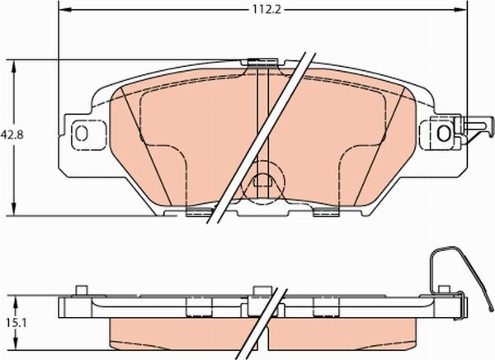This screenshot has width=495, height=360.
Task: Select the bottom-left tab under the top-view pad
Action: [x=198, y=213]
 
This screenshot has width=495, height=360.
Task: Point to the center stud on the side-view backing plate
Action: [x=262, y=289]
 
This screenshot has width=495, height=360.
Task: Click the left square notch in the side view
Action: [x=198, y=308]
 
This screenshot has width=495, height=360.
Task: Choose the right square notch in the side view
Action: [x=324, y=308]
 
